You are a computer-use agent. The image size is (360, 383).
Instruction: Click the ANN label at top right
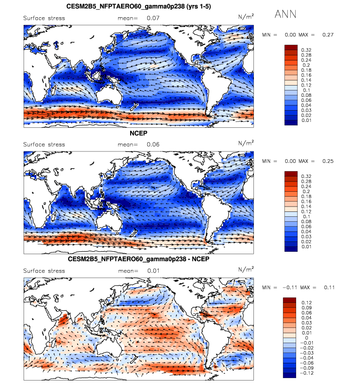click(285, 14)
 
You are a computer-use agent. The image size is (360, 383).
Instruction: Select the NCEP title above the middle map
click(139, 133)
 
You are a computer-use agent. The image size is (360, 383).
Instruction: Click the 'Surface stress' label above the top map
click(44, 18)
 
